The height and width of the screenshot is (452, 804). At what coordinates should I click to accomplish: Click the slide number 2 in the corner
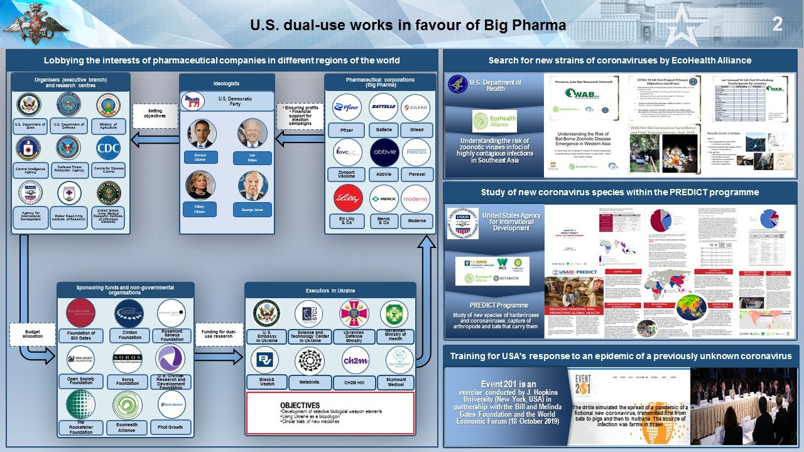tap(777, 24)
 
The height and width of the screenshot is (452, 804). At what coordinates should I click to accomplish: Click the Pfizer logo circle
tap(346, 107)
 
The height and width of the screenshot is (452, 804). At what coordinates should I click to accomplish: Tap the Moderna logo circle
tap(416, 199)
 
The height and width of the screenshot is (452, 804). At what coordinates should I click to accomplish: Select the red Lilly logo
tap(347, 199)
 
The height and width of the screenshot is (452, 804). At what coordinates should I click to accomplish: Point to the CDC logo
tap(108, 148)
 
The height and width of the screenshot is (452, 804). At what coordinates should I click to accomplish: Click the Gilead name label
tap(416, 130)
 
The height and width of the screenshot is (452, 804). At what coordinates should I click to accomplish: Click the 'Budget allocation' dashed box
tap(33, 334)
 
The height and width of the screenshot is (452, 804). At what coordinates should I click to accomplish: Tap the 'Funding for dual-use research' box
tap(218, 334)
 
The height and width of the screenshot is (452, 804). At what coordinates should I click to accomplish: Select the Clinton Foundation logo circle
tap(129, 313)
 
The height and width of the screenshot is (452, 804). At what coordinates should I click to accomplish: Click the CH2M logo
tap(356, 362)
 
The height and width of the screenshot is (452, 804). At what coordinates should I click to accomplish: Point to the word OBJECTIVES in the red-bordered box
tap(300, 405)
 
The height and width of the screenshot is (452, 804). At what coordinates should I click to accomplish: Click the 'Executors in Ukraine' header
tap(330, 291)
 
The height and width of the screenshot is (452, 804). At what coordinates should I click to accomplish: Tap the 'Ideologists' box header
tap(227, 83)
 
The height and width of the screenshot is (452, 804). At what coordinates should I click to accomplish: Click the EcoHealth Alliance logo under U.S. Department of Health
tap(494, 121)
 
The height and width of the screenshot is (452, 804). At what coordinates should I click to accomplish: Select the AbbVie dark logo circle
tap(384, 153)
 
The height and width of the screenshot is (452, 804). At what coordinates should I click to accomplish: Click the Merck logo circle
tap(383, 199)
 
